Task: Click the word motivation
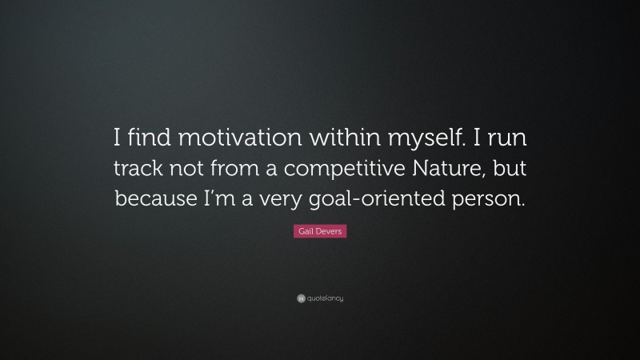241,138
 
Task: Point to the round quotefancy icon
301,298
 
